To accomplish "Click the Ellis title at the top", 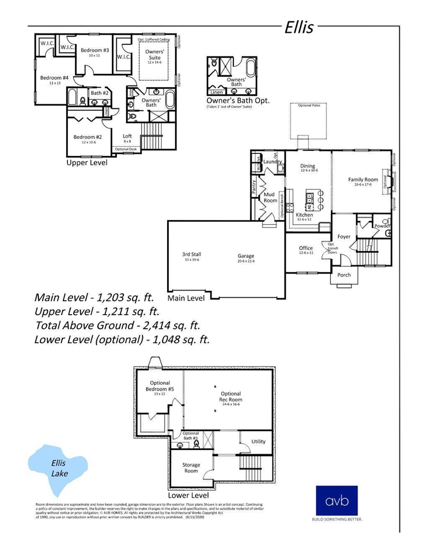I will pyautogui.click(x=298, y=28).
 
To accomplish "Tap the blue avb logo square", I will pyautogui.click(x=337, y=501).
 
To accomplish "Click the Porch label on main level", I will pyautogui.click(x=344, y=275).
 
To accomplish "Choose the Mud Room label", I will pyautogui.click(x=270, y=198).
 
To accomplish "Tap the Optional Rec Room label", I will pyautogui.click(x=230, y=397).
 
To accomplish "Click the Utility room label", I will pyautogui.click(x=259, y=442).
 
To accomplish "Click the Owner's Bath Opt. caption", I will pyautogui.click(x=237, y=100).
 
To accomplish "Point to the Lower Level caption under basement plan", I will pyautogui.click(x=187, y=495).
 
